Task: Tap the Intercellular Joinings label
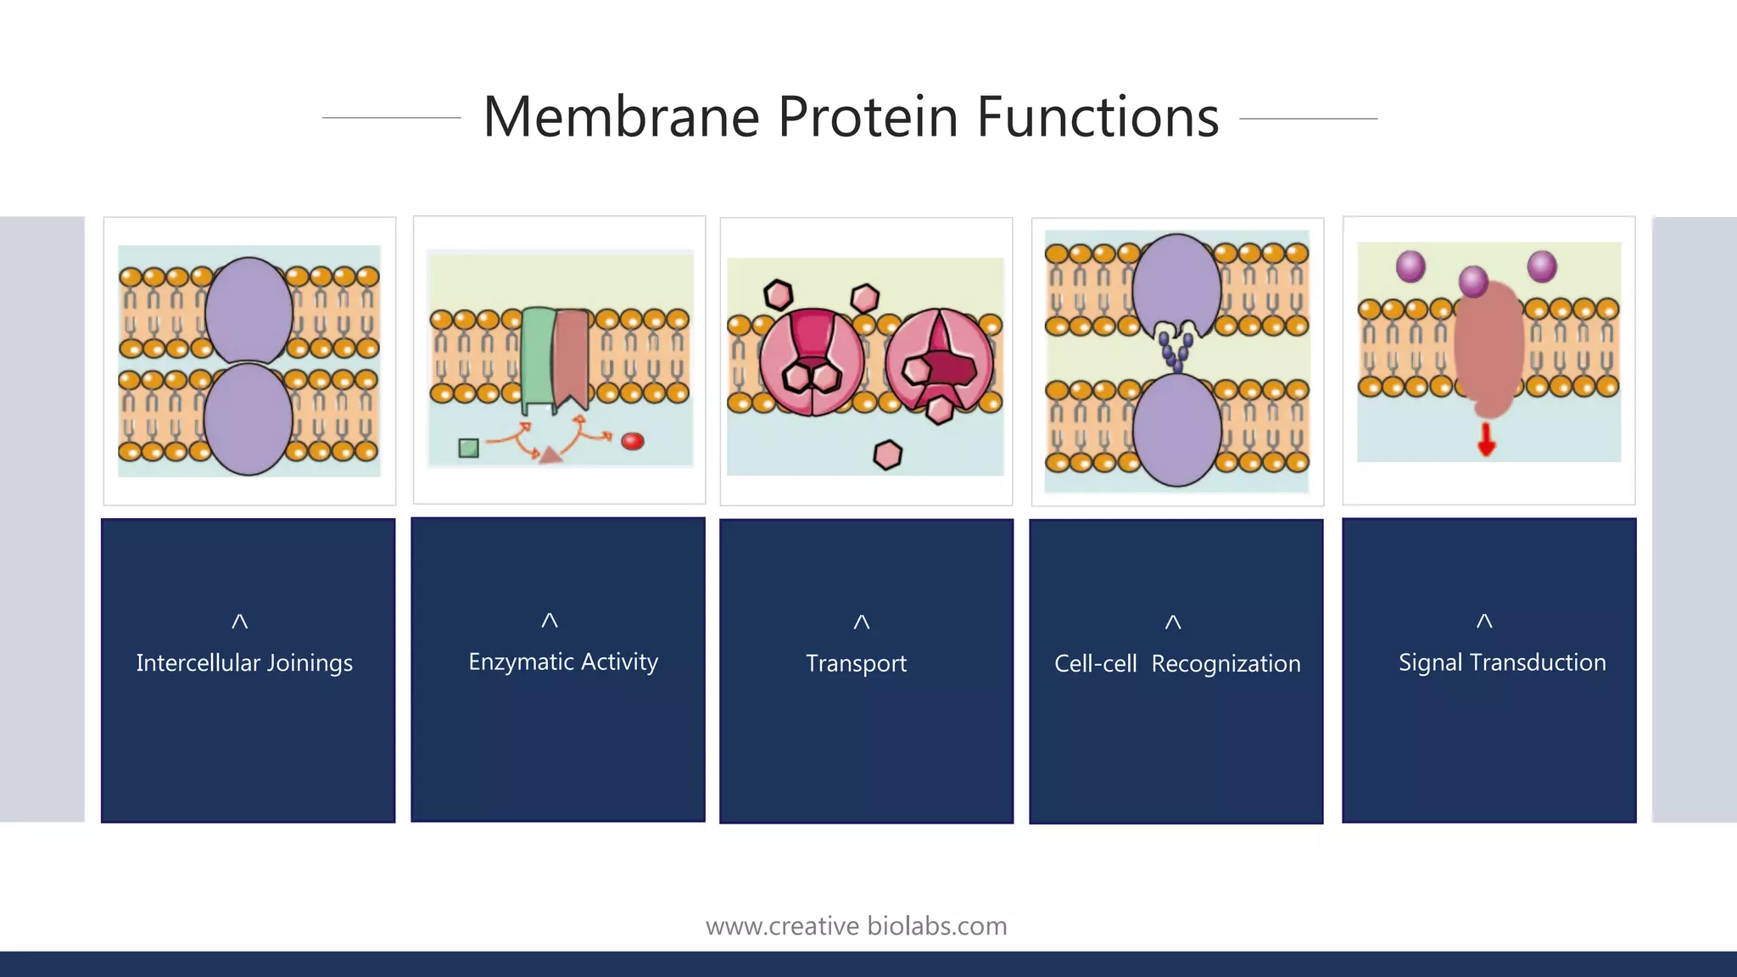(x=244, y=663)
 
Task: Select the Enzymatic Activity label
(x=563, y=662)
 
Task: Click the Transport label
(x=856, y=663)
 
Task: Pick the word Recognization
(x=1226, y=664)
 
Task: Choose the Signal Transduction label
(x=1502, y=662)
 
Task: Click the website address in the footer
(x=856, y=926)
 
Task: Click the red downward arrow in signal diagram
(x=1486, y=439)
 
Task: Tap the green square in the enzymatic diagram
(x=468, y=448)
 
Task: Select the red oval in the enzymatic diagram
(x=633, y=441)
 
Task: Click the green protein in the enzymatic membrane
(x=537, y=356)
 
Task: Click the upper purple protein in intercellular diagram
(x=249, y=310)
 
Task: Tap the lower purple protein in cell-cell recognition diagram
(x=1176, y=430)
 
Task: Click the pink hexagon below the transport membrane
(x=887, y=455)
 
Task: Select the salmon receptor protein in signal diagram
(x=1488, y=348)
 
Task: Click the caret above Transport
(x=861, y=622)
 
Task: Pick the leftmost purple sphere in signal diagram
(x=1410, y=266)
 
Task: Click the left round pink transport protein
(x=812, y=362)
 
